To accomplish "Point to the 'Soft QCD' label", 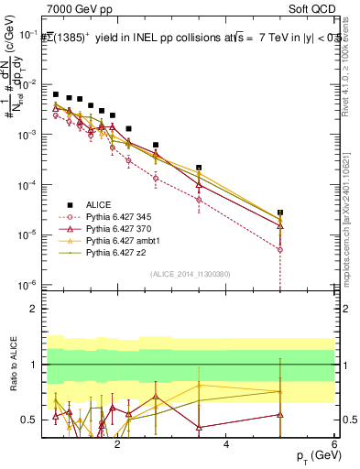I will pyautogui.click(x=311, y=7).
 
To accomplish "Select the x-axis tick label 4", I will pyautogui.click(x=226, y=443).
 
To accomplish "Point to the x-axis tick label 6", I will pyautogui.click(x=334, y=443).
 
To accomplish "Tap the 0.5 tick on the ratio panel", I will pyautogui.click(x=27, y=420).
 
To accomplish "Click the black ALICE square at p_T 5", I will pyautogui.click(x=280, y=213).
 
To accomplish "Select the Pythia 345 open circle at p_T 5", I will pyautogui.click(x=280, y=249).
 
